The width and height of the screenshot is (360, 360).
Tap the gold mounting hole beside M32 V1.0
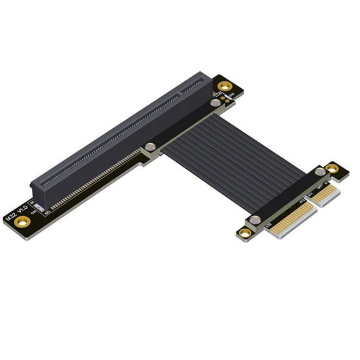22,221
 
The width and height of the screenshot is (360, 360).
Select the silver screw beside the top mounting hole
215,102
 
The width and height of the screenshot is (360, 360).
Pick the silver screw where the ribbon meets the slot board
150,147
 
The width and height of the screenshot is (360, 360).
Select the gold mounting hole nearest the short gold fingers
332,168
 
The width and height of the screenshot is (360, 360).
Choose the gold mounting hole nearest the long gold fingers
244,233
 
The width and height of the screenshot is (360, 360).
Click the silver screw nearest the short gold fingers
319,171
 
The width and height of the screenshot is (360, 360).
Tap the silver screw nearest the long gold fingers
254,220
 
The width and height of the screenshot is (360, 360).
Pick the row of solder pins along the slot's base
94,181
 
